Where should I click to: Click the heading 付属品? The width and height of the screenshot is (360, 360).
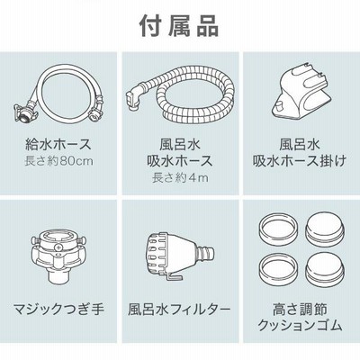179,26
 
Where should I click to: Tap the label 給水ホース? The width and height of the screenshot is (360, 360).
58,144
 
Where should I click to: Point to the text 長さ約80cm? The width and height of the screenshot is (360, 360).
58,161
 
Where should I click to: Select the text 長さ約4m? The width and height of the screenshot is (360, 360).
180,178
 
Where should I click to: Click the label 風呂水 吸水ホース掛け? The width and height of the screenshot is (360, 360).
300,153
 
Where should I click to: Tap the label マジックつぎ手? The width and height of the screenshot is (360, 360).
58,309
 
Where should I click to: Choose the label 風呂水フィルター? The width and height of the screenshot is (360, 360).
180,309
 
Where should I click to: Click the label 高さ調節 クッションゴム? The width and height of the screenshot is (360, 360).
300,317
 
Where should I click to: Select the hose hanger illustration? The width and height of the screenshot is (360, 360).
300,93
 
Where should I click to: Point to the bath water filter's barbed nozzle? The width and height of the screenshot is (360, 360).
206,251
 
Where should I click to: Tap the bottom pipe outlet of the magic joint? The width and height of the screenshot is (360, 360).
58,274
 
